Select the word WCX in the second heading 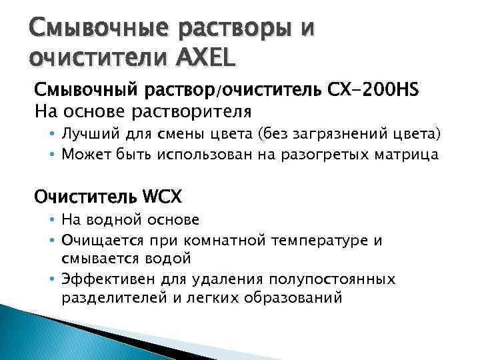pyautogui.click(x=163, y=197)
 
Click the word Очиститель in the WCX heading pyautogui.click(x=85, y=197)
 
